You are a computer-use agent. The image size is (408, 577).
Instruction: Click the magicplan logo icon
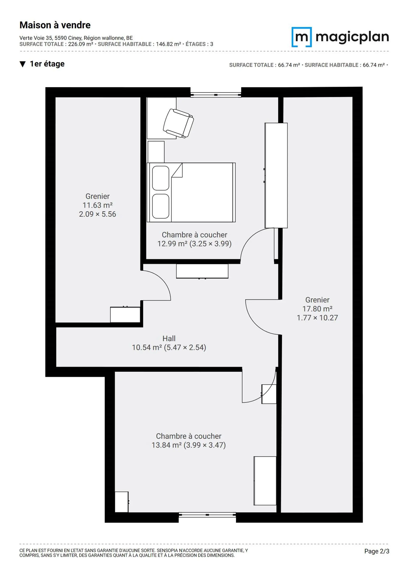pos(301,37)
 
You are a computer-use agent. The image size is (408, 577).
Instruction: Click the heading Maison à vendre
pos(55,25)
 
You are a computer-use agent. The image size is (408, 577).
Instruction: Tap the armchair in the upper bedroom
pos(178,123)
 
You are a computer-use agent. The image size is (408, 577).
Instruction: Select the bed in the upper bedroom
pos(191,192)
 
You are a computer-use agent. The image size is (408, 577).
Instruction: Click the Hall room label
pos(169,338)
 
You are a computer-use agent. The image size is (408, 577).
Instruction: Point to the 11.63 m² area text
pos(98,205)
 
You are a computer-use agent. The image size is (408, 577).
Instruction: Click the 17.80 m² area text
pos(317,309)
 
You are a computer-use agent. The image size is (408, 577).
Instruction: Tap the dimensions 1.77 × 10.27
pos(317,318)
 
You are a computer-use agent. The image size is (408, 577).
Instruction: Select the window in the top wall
pos(216,95)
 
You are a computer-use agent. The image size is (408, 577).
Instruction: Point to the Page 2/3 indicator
pos(377,551)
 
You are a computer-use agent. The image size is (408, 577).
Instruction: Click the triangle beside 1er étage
pos(23,64)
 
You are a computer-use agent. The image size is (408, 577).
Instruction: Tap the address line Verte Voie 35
pos(76,38)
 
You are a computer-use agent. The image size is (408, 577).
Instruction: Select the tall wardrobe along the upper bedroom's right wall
pos(276,175)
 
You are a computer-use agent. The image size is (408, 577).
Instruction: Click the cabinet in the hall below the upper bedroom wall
pos(202,271)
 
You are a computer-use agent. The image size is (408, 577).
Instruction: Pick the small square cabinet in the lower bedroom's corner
pos(122,502)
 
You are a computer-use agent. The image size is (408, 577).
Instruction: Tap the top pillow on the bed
pos(161,178)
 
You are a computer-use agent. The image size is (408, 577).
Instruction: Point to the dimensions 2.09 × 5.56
pos(98,214)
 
